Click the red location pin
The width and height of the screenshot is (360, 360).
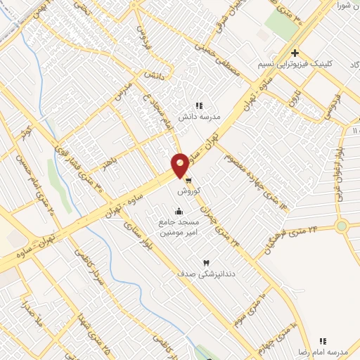coord(180,165)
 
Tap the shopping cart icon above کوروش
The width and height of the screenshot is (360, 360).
coord(188,179)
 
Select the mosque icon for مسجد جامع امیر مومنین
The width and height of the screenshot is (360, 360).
coord(178,211)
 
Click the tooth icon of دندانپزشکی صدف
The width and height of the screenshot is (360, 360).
coord(207,262)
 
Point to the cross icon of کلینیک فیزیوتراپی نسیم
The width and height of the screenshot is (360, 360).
coord(295,53)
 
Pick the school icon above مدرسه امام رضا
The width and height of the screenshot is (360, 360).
coord(323,340)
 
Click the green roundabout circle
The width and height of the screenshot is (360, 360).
coord(342,226)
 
